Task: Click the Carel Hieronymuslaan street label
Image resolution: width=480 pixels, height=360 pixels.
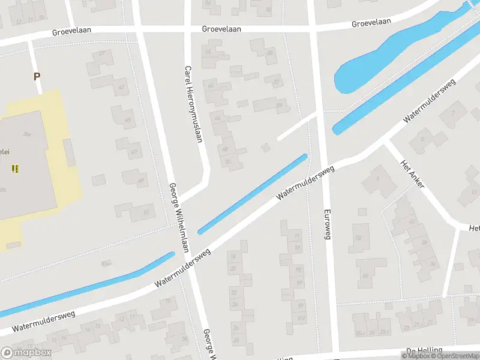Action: (193, 103)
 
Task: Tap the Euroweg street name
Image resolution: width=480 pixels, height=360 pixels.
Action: (327, 224)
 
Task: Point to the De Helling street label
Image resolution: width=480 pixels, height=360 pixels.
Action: (424, 350)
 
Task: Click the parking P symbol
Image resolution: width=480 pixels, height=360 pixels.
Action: (37, 76)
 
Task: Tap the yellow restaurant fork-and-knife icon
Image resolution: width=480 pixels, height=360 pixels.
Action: (15, 169)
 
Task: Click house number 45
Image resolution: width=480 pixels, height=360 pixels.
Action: (127, 120)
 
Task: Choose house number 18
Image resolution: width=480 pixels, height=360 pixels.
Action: (233, 256)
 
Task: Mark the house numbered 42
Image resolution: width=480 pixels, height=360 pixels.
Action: (412, 221)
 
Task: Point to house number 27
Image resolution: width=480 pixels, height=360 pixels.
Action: (102, 54)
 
